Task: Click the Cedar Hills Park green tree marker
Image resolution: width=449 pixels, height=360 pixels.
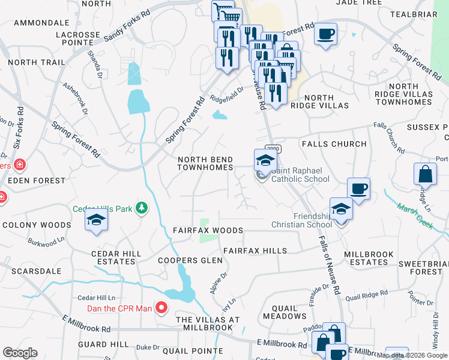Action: click(142, 208)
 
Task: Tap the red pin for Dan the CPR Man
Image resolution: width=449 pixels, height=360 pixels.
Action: click(161, 308)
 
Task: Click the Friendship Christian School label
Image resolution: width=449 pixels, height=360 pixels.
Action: click(312, 220)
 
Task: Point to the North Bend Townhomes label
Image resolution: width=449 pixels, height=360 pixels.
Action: click(205, 164)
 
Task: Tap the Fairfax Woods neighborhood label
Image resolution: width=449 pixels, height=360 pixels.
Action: click(208, 230)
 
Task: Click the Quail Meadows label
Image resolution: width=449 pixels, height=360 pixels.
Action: click(285, 311)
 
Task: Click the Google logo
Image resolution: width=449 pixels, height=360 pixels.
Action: click(20, 353)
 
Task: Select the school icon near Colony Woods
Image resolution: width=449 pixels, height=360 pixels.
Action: click(96, 220)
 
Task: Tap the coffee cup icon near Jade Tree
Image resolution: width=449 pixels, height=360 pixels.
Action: click(325, 34)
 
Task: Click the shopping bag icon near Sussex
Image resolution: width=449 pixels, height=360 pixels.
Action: click(425, 174)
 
